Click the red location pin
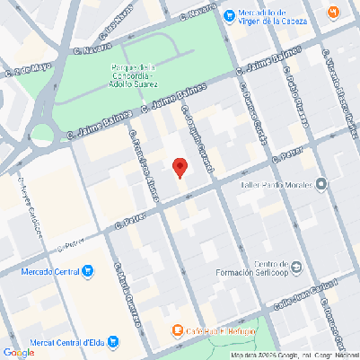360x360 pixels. click(x=180, y=167)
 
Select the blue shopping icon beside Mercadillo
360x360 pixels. click(x=230, y=13)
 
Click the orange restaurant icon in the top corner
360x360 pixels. click(x=333, y=12)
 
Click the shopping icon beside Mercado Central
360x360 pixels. click(x=87, y=270)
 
